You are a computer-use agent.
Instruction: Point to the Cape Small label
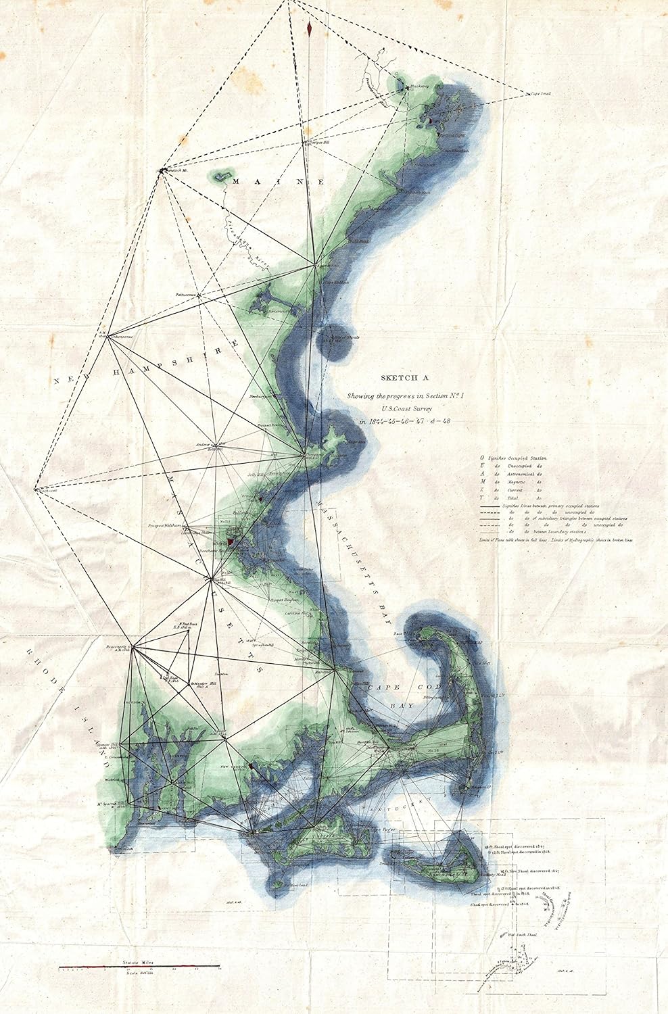[540, 95]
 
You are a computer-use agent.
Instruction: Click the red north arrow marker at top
[309, 28]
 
